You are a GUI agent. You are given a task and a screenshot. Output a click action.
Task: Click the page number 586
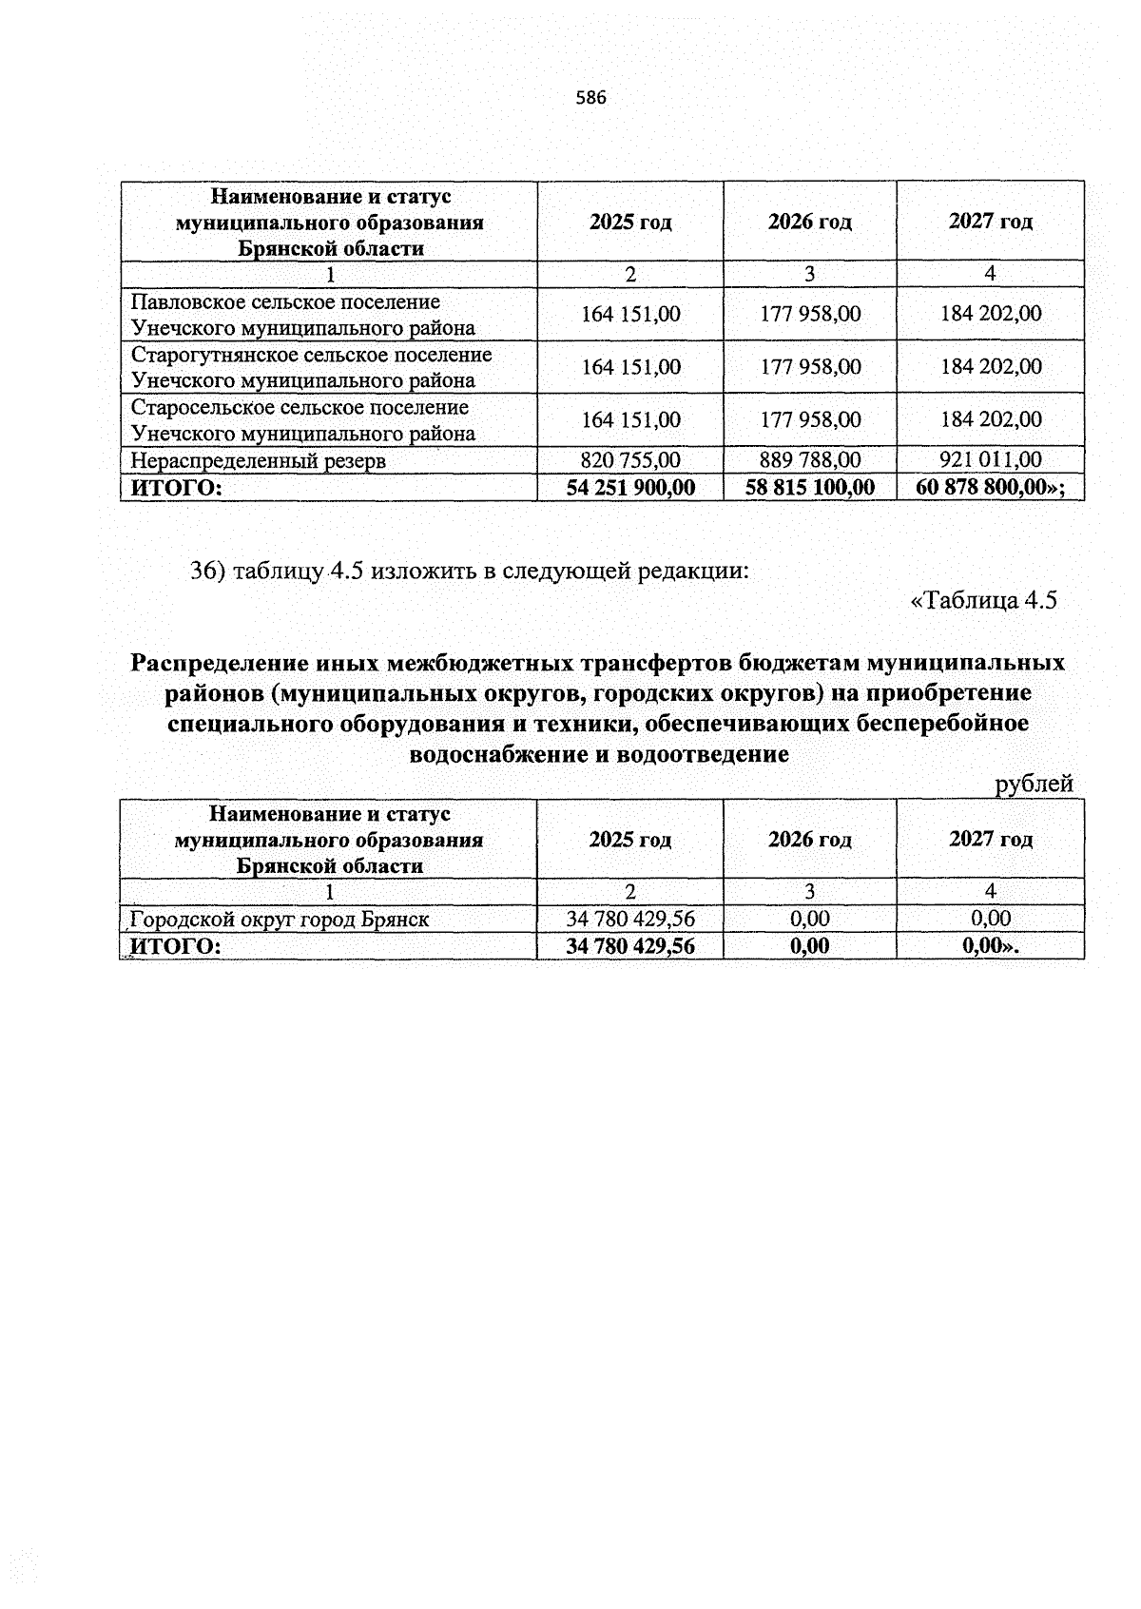(590, 98)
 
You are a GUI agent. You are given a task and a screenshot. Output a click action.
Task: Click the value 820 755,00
(629, 460)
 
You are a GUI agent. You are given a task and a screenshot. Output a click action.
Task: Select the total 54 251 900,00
(629, 488)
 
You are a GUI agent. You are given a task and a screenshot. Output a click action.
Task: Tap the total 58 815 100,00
(809, 488)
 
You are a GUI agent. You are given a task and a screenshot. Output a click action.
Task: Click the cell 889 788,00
(809, 460)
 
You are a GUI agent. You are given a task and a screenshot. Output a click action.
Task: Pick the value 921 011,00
(990, 460)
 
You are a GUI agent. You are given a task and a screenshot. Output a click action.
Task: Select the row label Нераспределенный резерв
(259, 461)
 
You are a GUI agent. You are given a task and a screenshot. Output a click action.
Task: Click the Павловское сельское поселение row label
(302, 315)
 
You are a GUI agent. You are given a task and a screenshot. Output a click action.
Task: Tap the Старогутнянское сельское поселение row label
(311, 368)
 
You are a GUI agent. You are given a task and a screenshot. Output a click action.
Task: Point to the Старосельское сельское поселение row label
(302, 420)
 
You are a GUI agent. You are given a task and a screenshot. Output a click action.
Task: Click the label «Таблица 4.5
(983, 600)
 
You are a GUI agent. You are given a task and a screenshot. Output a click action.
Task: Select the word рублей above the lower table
(1033, 784)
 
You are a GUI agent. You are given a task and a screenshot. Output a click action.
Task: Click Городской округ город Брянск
(280, 920)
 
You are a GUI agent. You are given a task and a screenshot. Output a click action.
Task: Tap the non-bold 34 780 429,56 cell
(629, 919)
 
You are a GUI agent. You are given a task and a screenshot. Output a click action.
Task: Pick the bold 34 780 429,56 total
(629, 946)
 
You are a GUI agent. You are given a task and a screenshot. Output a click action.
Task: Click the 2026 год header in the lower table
(809, 840)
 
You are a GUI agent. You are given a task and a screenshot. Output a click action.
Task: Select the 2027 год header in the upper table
(990, 222)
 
